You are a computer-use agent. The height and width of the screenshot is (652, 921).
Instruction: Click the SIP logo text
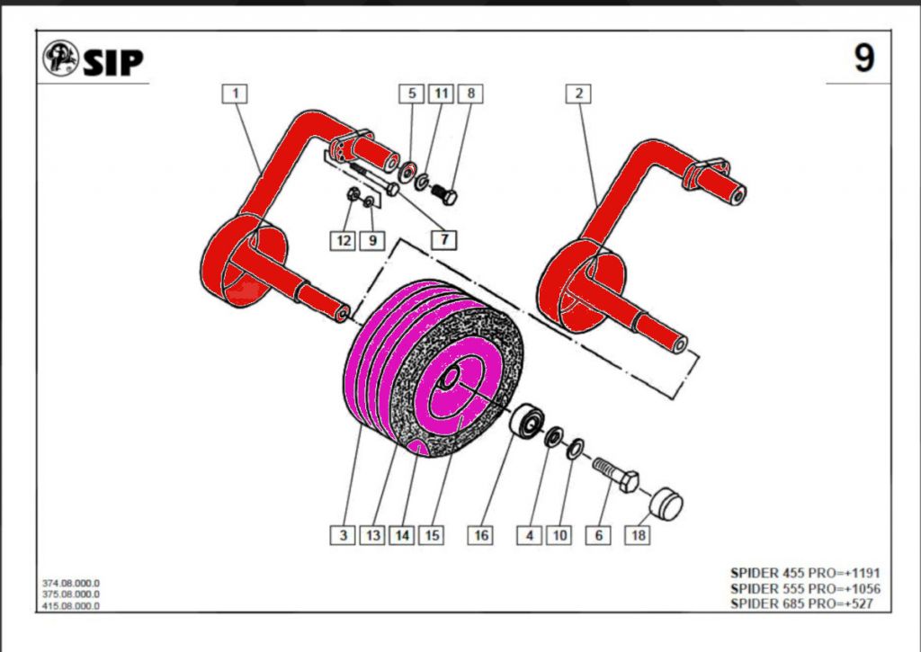pyautogui.click(x=113, y=62)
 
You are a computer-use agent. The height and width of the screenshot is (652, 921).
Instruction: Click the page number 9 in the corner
pyautogui.click(x=863, y=59)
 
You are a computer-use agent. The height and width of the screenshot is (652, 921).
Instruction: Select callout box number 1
pyautogui.click(x=235, y=93)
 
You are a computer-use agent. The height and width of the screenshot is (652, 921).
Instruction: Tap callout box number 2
pyautogui.click(x=579, y=93)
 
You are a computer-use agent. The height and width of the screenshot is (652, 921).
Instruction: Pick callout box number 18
pyautogui.click(x=638, y=535)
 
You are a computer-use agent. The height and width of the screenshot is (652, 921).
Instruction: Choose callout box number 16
pyautogui.click(x=481, y=535)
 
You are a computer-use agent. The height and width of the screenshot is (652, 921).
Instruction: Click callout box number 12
pyautogui.click(x=342, y=240)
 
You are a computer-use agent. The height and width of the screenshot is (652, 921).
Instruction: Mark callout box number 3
pyautogui.click(x=343, y=535)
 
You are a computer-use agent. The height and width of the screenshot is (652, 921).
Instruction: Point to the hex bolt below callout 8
pyautogui.click(x=444, y=192)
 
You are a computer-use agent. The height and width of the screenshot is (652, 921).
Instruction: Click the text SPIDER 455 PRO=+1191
pyautogui.click(x=805, y=573)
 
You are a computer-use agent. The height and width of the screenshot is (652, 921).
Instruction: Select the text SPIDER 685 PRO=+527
pyautogui.click(x=803, y=603)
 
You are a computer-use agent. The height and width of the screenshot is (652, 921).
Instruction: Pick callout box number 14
pyautogui.click(x=401, y=535)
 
